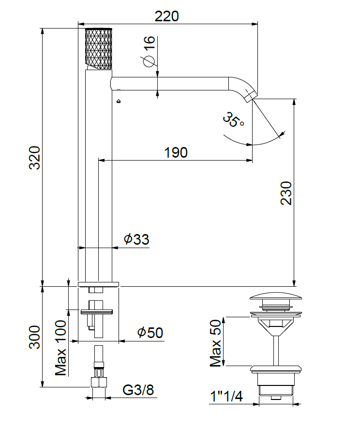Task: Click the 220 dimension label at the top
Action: [167, 16]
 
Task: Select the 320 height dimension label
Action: [35, 158]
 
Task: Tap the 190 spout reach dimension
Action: [176, 152]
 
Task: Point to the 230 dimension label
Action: [286, 193]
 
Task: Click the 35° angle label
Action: [234, 119]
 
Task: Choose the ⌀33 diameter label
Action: [136, 239]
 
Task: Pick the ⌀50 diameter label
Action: [150, 333]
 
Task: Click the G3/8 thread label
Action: [138, 390]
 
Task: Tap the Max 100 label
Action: [60, 348]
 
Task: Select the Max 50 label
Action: [215, 343]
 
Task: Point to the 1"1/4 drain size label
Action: [226, 397]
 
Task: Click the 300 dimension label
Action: [35, 337]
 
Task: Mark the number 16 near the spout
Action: [150, 43]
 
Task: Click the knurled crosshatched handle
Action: [99, 48]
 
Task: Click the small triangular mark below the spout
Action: [119, 101]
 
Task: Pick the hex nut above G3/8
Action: [99, 382]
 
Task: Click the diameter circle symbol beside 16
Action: [149, 61]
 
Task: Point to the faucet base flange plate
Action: [98, 284]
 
